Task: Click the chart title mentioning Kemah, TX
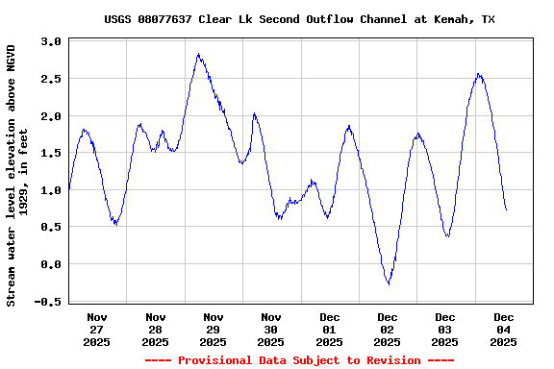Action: pyautogui.click(x=300, y=19)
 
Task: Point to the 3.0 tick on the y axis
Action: pyautogui.click(x=51, y=42)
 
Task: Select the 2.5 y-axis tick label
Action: pyautogui.click(x=51, y=79)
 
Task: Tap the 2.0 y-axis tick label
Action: pyautogui.click(x=51, y=116)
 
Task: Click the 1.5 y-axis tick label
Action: pyautogui.click(x=51, y=153)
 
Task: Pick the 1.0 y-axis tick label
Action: pyautogui.click(x=51, y=190)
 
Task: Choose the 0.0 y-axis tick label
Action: pyautogui.click(x=51, y=264)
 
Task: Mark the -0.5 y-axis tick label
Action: pyautogui.click(x=48, y=301)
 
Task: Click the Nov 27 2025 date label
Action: pyautogui.click(x=97, y=329)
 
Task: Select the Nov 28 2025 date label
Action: pyautogui.click(x=155, y=329)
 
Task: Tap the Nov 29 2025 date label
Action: pyautogui.click(x=214, y=329)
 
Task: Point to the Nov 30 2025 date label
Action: pyautogui.click(x=271, y=329)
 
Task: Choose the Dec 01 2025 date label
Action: pyautogui.click(x=329, y=329)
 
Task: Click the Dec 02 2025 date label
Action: pyautogui.click(x=388, y=329)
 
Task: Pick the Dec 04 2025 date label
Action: pyautogui.click(x=503, y=329)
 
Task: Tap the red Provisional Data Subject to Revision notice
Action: pyautogui.click(x=299, y=360)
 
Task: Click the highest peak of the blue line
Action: pyautogui.click(x=198, y=54)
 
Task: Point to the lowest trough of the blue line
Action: pyautogui.click(x=389, y=284)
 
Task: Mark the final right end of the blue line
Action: pyautogui.click(x=506, y=209)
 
